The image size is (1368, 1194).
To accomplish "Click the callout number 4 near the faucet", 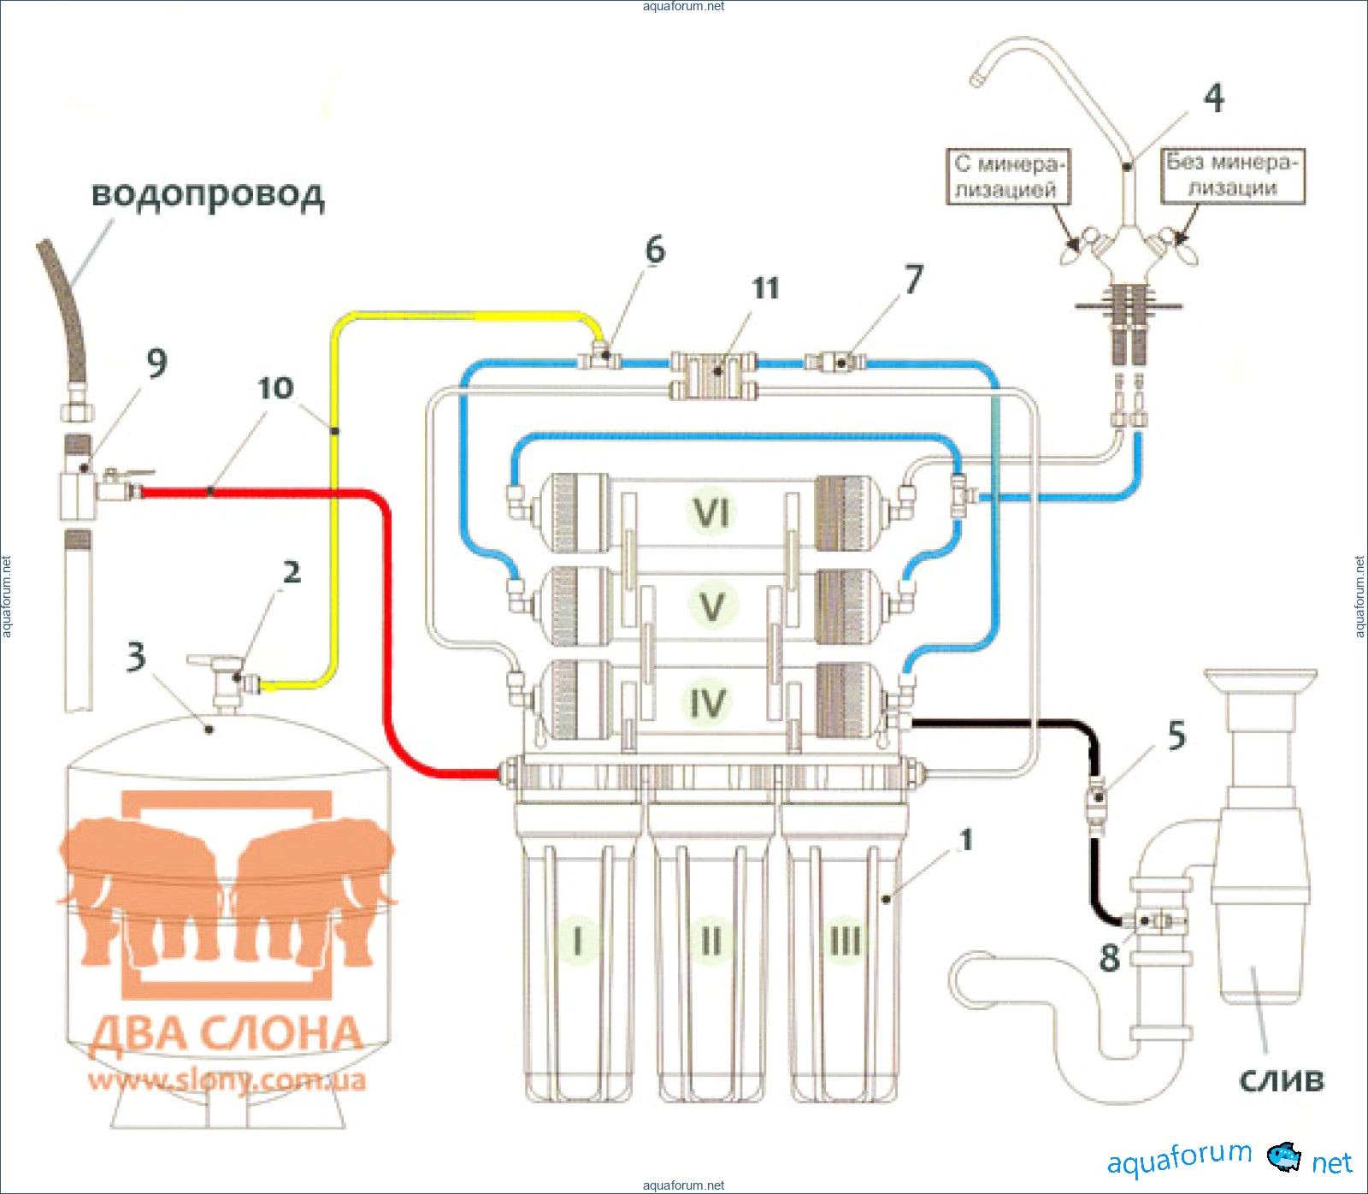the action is [1214, 98].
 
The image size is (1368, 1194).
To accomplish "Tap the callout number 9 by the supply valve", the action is [156, 363].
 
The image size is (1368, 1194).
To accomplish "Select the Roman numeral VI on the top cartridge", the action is [711, 512].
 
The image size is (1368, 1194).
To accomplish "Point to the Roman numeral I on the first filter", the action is [578, 940].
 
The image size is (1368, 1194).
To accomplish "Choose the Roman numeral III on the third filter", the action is [846, 940].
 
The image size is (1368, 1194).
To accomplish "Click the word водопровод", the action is [208, 194].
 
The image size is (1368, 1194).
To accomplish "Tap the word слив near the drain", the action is [1281, 1080].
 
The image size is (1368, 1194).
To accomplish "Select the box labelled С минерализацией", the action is [1008, 176].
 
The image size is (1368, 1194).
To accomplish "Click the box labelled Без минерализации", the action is [1232, 175].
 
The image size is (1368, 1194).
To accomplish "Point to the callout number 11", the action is [765, 288].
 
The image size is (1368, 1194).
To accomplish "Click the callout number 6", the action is [655, 250].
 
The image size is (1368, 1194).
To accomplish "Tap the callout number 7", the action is [914, 279].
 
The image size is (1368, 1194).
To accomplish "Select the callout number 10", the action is [275, 388].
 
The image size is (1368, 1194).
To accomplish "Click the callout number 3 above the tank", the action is [136, 657].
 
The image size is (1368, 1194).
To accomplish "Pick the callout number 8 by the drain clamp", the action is [1109, 958].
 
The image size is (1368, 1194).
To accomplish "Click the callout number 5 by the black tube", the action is [1176, 735].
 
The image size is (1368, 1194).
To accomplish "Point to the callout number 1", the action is [966, 840].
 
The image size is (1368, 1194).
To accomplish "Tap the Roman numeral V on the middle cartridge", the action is [711, 606].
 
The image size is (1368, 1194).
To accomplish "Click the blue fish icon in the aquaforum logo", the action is [1283, 1157].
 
